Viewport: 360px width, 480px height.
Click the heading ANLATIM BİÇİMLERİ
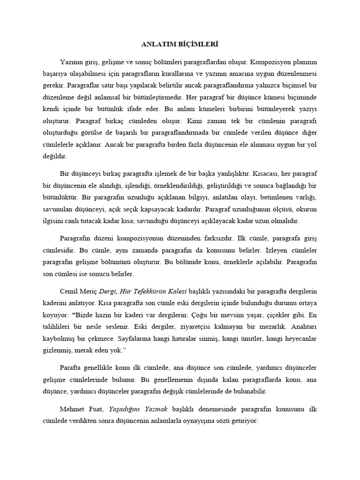(180, 45)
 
